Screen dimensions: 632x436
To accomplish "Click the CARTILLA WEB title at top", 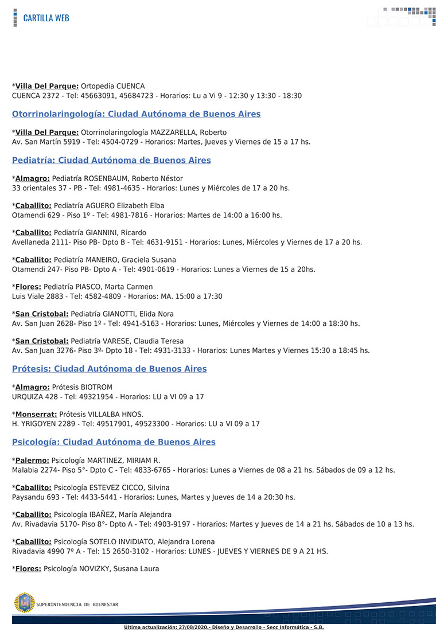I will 46,18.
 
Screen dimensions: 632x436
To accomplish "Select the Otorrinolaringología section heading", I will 136,114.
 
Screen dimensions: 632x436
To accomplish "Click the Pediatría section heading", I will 111,161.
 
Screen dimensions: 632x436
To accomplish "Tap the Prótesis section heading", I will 109,369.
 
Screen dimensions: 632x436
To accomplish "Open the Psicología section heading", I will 114,442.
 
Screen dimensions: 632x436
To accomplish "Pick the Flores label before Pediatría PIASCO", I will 28,287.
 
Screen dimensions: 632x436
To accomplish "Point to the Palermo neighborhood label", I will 32,461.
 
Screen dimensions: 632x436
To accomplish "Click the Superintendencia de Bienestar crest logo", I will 24,603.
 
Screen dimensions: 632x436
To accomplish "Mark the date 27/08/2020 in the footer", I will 195,627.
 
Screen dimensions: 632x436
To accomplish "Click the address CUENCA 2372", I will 35,96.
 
